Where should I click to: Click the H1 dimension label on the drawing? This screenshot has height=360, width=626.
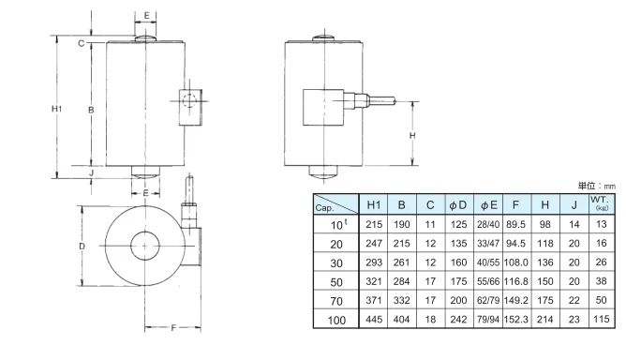(x=55, y=110)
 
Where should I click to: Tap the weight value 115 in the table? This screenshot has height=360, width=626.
(x=601, y=319)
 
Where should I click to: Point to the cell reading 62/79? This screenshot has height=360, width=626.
(x=489, y=300)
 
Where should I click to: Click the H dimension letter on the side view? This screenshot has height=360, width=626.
(x=413, y=135)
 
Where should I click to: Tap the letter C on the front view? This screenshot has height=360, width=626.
(x=82, y=43)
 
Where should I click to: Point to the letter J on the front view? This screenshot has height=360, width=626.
(x=91, y=173)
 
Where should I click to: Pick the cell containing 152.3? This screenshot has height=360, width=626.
(x=519, y=319)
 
